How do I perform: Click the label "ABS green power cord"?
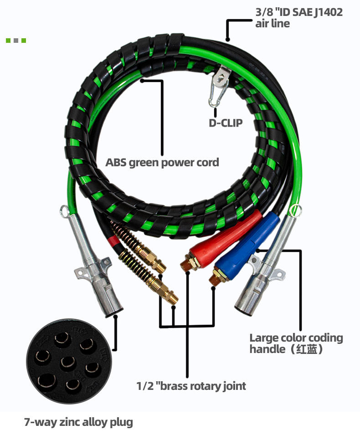point(162,163)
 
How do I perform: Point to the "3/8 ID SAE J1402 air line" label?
point(298,18)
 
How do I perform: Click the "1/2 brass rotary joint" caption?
point(191,386)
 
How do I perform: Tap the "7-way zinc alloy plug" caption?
point(78,422)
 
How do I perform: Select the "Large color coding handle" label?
point(296,343)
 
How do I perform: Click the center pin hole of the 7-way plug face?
point(67,363)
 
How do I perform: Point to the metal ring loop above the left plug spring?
point(64,210)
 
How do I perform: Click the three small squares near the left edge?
point(16,41)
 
